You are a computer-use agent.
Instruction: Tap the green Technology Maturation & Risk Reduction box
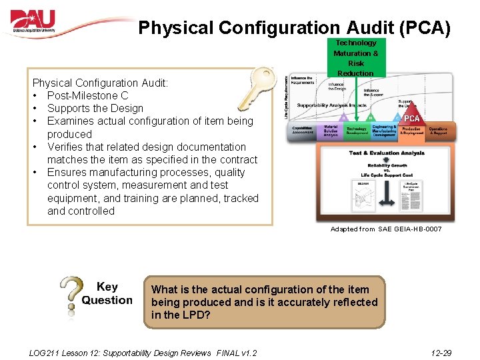[355, 57]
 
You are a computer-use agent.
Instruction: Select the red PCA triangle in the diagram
[411, 119]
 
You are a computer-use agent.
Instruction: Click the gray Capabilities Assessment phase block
[303, 131]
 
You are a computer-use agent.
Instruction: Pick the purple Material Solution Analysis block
[331, 131]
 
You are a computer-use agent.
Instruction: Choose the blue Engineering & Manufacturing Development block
[384, 131]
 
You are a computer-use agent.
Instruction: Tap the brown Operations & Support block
[438, 131]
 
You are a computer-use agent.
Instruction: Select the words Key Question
[107, 293]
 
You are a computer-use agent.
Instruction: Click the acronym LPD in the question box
[198, 315]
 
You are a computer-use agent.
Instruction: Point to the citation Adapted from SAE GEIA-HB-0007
[385, 229]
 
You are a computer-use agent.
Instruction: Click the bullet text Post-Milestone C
[87, 95]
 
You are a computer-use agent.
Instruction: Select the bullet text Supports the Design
[95, 108]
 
